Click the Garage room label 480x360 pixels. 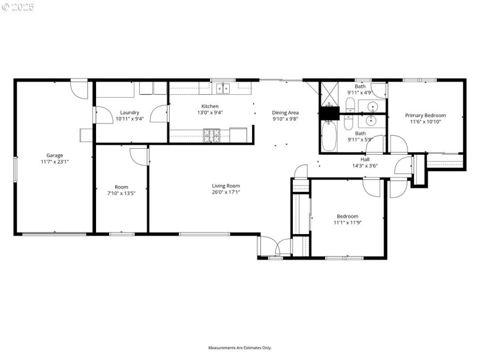tap(55, 155)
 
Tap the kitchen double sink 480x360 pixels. tap(223, 89)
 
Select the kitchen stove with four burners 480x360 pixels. tap(212, 136)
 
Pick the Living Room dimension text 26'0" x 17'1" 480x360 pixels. tap(226, 193)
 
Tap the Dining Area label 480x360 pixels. tap(285, 112)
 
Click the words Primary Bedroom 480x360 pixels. tap(425, 115)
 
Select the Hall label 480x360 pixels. tap(365, 159)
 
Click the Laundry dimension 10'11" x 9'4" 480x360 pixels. tap(130, 119)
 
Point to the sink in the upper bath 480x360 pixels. tap(373, 107)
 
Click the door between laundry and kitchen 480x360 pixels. tap(160, 114)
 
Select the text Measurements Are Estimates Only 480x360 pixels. tap(240, 347)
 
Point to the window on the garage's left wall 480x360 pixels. tap(16, 168)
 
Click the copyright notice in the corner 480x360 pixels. tap(18, 7)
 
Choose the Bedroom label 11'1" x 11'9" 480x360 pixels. tap(347, 223)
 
